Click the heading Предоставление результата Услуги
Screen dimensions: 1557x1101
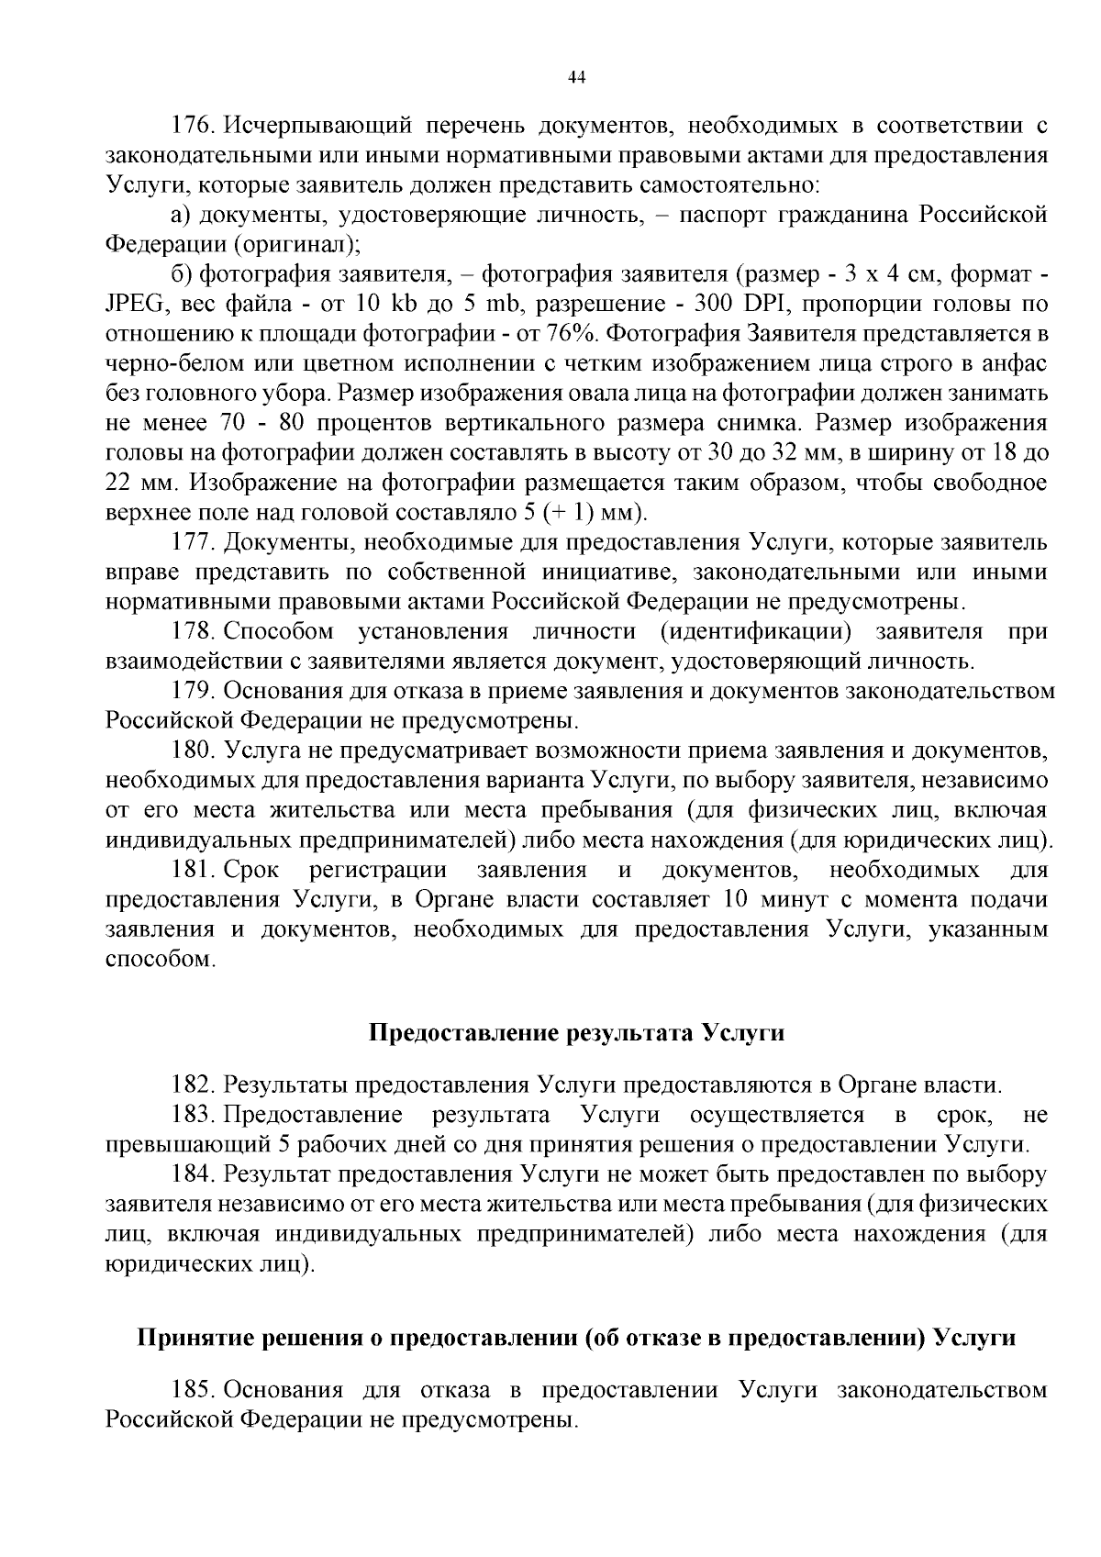(x=576, y=1032)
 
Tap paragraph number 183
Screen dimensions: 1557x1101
(x=193, y=1115)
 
